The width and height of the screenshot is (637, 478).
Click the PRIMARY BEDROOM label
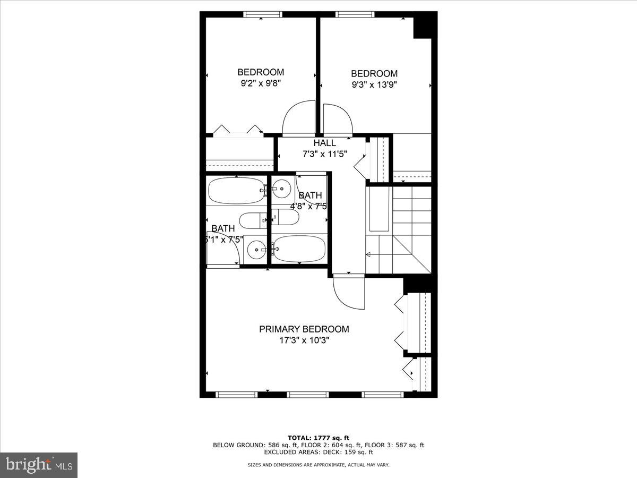click(x=304, y=329)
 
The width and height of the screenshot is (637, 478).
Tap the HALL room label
click(x=324, y=143)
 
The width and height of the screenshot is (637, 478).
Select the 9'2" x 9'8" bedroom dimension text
click(x=260, y=83)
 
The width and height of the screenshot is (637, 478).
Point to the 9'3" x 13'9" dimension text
click(x=374, y=84)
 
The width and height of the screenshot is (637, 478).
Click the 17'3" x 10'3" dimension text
click(x=304, y=340)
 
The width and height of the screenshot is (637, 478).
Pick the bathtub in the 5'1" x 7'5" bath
click(x=236, y=191)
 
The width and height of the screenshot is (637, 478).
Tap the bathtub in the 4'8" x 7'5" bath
click(x=299, y=249)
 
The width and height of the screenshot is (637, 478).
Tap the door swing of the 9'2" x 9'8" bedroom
click(x=299, y=118)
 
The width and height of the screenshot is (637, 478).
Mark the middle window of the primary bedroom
click(x=307, y=395)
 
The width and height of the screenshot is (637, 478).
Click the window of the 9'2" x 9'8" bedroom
click(x=262, y=14)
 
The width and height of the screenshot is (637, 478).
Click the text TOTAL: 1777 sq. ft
click(x=318, y=438)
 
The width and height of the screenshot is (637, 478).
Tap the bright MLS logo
click(x=39, y=465)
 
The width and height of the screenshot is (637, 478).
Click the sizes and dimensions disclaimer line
click(x=318, y=465)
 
